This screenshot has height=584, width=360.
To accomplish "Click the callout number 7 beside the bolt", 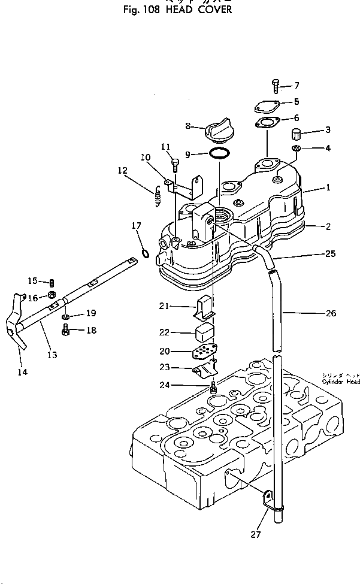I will [297, 86].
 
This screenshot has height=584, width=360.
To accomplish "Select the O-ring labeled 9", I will [219, 154].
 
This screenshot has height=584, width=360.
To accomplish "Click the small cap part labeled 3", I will [297, 132].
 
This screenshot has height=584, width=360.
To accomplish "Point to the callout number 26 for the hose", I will [331, 313].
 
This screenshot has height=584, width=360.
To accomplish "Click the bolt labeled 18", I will [66, 329].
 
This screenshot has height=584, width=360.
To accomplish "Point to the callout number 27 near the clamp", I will [256, 535].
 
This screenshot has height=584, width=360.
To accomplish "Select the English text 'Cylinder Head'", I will [340, 382].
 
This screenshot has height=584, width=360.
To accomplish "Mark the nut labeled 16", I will [52, 294].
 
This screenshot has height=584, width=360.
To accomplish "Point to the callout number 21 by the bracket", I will [165, 306].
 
